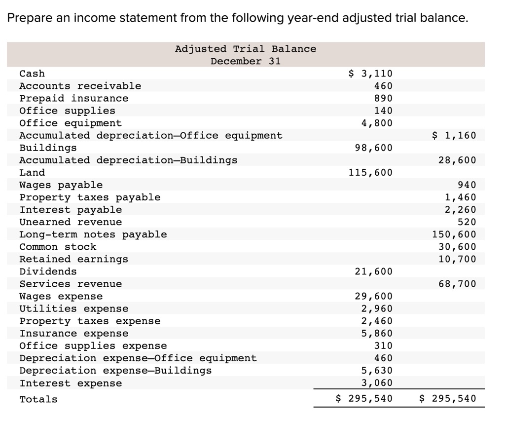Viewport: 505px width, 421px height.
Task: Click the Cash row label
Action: coord(32,74)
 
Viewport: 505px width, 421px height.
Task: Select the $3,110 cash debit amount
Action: coord(370,74)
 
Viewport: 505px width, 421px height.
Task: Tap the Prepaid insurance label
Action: coord(73,98)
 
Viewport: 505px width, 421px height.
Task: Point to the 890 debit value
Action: coord(383,98)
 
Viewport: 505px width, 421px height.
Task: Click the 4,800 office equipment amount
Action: coord(377,123)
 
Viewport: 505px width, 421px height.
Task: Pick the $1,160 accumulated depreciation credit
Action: coord(454,135)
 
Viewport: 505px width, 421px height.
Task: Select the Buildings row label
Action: coord(48,148)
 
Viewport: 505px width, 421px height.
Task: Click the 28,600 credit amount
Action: coord(457,160)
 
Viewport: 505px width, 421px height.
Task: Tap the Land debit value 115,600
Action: coord(370,172)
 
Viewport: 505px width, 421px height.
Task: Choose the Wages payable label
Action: coord(61,185)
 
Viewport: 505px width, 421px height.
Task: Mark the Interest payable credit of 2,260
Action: coord(461,210)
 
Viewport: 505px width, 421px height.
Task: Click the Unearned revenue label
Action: coord(71,222)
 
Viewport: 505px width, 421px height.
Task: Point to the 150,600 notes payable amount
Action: coord(454,234)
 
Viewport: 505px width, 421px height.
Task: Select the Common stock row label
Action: coord(58,247)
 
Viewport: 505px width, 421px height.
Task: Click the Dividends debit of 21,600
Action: coord(373,271)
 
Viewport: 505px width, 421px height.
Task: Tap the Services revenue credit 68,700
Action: coord(457,284)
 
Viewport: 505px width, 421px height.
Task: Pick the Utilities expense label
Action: coord(73,309)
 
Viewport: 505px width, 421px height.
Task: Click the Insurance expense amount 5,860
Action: coord(377,334)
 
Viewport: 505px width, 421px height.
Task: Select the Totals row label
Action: coord(38,399)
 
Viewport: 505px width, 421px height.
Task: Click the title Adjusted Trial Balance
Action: coord(246,49)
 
